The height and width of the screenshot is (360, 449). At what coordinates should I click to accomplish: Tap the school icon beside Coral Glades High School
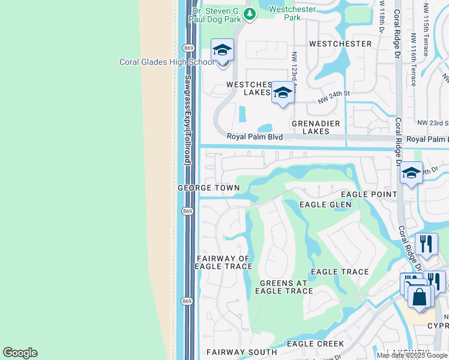(x=222, y=50)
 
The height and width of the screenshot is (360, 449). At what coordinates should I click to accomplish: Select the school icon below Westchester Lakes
(x=283, y=93)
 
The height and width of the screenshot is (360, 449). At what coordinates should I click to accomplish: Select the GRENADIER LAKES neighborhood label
(x=311, y=127)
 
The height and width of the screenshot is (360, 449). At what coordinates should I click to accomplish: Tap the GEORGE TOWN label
(x=208, y=188)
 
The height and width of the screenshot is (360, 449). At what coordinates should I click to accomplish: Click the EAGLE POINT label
(x=369, y=194)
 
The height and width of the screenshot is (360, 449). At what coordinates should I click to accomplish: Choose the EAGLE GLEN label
(x=325, y=205)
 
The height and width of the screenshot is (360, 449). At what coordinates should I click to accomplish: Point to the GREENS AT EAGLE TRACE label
(x=283, y=287)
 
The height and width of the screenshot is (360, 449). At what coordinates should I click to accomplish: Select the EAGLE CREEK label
(x=315, y=344)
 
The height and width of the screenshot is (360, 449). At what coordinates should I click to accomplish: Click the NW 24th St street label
(x=334, y=97)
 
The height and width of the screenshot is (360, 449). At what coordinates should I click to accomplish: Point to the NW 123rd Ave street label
(x=295, y=70)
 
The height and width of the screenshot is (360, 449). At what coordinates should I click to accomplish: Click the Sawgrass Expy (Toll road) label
(x=187, y=120)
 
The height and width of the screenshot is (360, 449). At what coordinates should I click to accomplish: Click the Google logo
(x=20, y=353)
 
